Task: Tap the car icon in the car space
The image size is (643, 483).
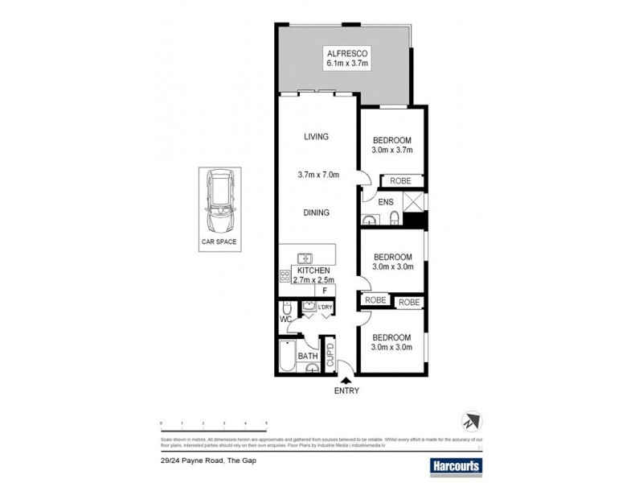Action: pyautogui.click(x=219, y=200)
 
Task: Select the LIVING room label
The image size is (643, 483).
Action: pyautogui.click(x=316, y=137)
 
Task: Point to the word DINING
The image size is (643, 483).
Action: pyautogui.click(x=317, y=213)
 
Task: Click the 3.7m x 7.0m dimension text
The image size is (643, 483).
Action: pyautogui.click(x=318, y=175)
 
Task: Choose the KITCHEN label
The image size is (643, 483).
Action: pyautogui.click(x=317, y=270)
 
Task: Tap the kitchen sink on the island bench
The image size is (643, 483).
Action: pyautogui.click(x=305, y=258)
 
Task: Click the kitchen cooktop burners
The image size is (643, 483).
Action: pyautogui.click(x=285, y=275)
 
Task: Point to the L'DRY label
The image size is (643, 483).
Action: pyautogui.click(x=326, y=307)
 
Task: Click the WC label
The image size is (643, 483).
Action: pyautogui.click(x=285, y=320)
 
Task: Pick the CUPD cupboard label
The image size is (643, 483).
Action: pyautogui.click(x=330, y=355)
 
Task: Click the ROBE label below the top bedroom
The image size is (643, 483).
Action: pyautogui.click(x=399, y=181)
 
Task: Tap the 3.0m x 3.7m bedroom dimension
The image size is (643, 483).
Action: pyautogui.click(x=391, y=150)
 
